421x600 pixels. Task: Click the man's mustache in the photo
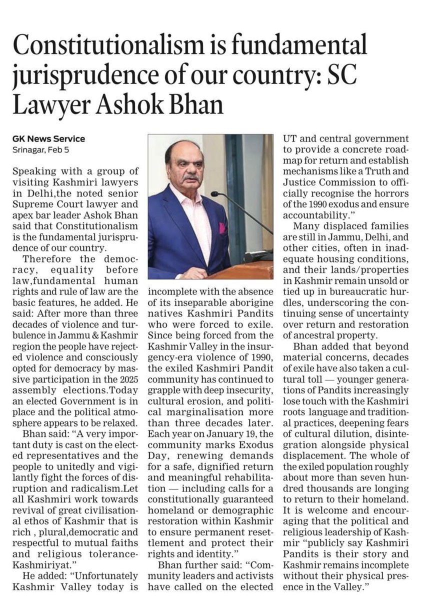pos(190,177)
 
